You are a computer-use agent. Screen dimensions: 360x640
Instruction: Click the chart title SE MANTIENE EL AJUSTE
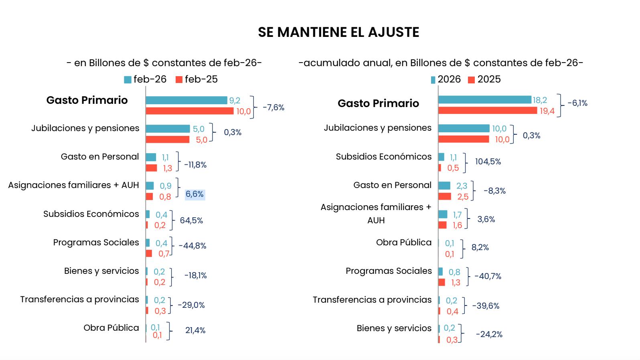(x=338, y=32)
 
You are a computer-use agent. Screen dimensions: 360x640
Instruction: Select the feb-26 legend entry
(x=145, y=79)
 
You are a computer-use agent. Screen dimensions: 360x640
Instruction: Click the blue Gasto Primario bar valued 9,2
(x=186, y=100)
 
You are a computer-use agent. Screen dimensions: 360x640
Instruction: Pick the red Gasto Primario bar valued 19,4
(x=488, y=110)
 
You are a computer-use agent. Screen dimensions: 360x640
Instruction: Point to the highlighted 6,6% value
(x=194, y=194)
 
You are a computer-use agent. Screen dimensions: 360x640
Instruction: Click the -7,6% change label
(x=273, y=107)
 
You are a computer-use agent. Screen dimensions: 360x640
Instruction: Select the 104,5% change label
(x=488, y=162)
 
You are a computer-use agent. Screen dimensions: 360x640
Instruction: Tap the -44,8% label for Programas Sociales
(x=192, y=246)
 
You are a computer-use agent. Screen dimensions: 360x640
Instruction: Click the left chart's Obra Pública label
(x=111, y=328)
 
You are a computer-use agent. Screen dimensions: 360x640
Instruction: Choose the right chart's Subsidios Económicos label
(x=384, y=157)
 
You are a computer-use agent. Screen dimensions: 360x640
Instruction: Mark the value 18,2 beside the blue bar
(x=540, y=100)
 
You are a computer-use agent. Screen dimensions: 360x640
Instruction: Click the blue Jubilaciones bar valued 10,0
(x=464, y=128)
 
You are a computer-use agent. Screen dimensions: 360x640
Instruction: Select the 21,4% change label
(x=195, y=330)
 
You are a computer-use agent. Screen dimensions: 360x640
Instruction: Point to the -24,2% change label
(x=489, y=334)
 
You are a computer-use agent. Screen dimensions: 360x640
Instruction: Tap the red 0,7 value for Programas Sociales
(x=164, y=254)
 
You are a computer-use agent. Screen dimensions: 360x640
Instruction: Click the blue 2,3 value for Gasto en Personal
(x=462, y=186)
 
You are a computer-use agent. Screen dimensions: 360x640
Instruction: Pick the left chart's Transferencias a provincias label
(x=80, y=299)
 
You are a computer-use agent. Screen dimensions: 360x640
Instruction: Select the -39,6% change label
(x=486, y=306)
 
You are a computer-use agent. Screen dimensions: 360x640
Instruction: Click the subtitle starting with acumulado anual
(x=441, y=63)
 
